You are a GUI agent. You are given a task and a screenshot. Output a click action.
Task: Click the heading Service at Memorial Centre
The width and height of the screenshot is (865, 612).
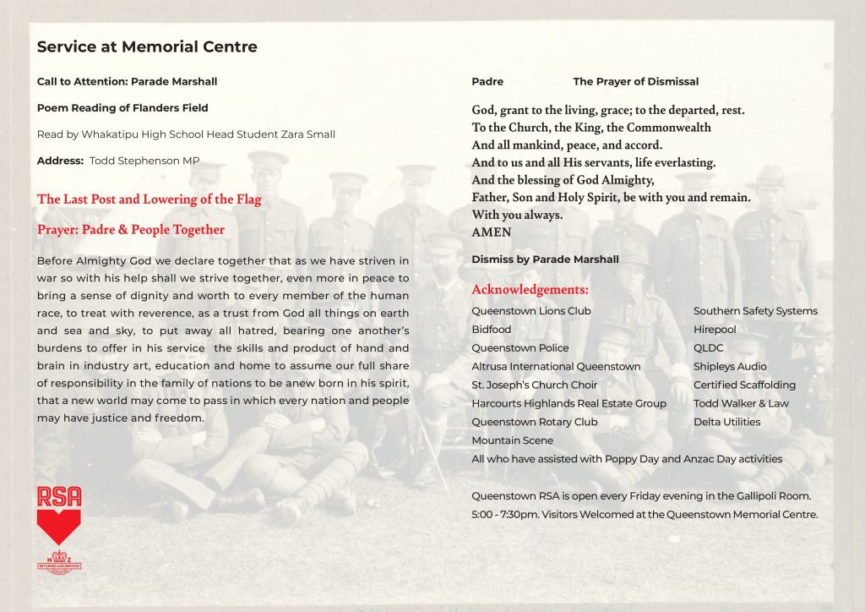pyautogui.click(x=147, y=47)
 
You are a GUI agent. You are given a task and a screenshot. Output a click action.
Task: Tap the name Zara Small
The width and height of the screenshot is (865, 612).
pyautogui.click(x=313, y=134)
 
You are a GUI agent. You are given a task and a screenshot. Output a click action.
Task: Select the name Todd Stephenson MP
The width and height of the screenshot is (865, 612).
pyautogui.click(x=144, y=161)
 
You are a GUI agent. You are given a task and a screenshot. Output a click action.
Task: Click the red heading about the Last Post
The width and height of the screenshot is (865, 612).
pyautogui.click(x=150, y=199)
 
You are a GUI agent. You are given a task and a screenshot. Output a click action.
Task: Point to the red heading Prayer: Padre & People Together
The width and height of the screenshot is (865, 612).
pyautogui.click(x=131, y=230)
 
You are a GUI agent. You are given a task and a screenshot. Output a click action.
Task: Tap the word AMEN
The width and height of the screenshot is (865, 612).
pyautogui.click(x=492, y=232)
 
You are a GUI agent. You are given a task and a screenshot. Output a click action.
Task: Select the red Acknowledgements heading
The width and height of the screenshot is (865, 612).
pyautogui.click(x=530, y=291)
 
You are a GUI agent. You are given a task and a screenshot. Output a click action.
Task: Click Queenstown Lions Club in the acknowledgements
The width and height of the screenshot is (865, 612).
pyautogui.click(x=531, y=311)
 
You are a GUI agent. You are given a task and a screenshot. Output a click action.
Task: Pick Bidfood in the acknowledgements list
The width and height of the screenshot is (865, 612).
pyautogui.click(x=492, y=330)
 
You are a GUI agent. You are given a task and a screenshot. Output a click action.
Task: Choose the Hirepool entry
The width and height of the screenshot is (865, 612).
pyautogui.click(x=715, y=330)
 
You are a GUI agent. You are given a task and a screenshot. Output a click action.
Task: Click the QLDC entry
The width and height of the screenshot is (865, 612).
pyautogui.click(x=709, y=348)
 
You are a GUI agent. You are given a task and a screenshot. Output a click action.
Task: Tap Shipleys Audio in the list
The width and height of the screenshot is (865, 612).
pyautogui.click(x=730, y=367)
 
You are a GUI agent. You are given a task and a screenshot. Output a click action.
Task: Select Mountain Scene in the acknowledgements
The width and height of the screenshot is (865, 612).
pyautogui.click(x=513, y=440)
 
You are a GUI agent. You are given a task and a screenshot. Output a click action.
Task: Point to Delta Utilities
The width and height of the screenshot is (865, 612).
pyautogui.click(x=726, y=422)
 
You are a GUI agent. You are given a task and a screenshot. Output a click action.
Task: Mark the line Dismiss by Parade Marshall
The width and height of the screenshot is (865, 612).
pyautogui.click(x=545, y=260)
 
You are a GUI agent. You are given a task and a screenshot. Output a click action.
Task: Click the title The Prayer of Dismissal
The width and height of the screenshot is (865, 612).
pyautogui.click(x=636, y=82)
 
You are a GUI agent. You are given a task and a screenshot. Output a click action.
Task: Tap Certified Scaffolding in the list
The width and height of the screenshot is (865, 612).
pyautogui.click(x=744, y=385)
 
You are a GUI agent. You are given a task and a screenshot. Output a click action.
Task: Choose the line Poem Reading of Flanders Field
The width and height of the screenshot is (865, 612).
pyautogui.click(x=122, y=108)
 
